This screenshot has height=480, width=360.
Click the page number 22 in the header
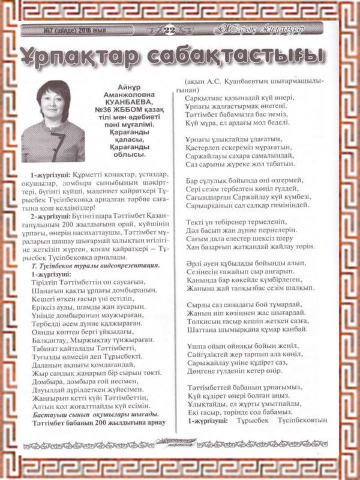169,29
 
